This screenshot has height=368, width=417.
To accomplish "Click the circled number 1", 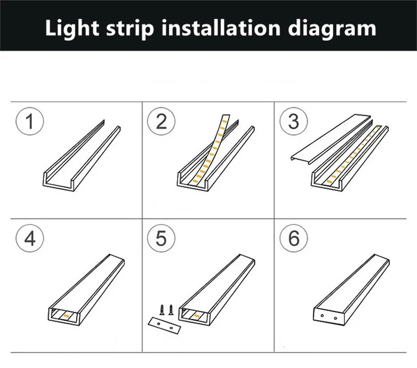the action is tap(29, 122).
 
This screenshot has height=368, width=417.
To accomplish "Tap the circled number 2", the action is tap(161, 122).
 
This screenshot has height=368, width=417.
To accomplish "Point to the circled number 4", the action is tap(29, 239).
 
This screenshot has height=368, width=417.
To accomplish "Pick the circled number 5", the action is tap(161, 239).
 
